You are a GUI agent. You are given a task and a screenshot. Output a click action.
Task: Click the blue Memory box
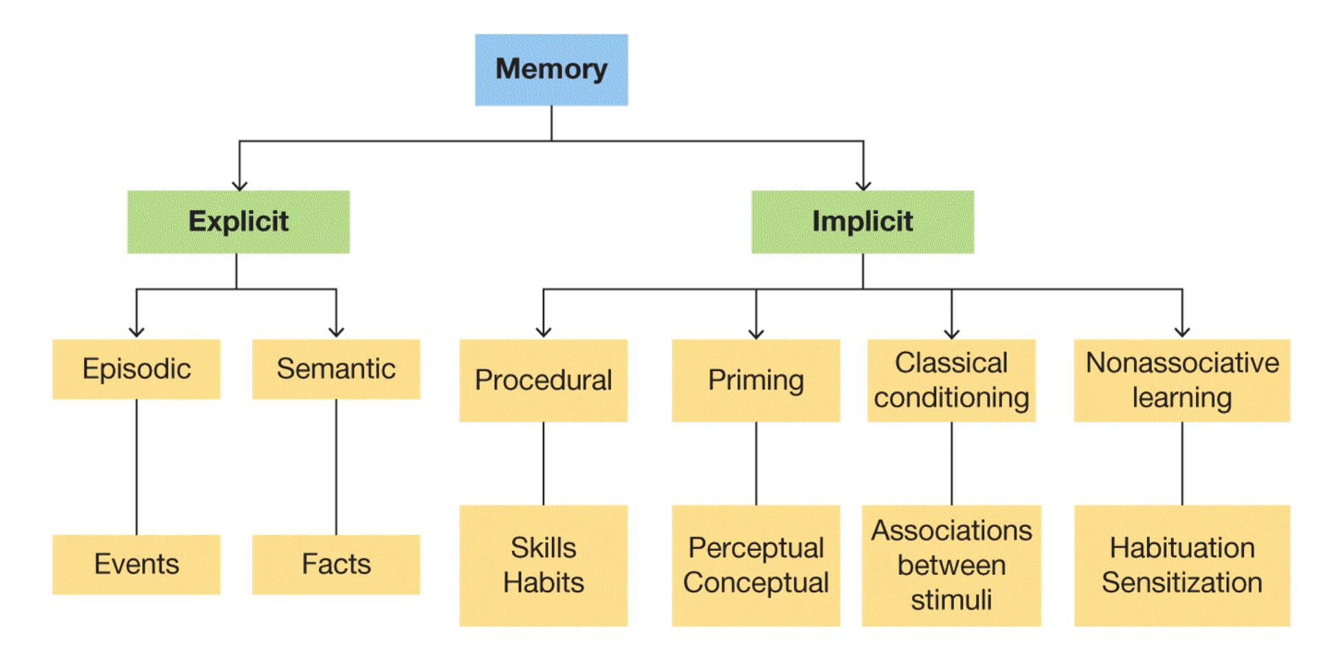[551, 69]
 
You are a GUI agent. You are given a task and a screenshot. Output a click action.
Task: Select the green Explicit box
[238, 222]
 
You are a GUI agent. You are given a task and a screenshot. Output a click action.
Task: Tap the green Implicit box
[862, 222]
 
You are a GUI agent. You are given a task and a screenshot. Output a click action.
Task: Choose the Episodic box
[136, 369]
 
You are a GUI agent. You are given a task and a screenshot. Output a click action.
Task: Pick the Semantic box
[335, 369]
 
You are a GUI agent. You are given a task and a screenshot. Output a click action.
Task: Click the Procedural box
[543, 380]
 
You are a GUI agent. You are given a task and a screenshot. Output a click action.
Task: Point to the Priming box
[755, 380]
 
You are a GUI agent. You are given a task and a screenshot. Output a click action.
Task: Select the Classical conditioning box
[951, 380]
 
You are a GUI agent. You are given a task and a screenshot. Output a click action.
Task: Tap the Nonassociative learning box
[1181, 380]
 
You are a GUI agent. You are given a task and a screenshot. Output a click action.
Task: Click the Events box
[136, 564]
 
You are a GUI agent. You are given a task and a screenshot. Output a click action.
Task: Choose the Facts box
[335, 564]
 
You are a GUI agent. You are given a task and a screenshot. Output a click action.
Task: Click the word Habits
[543, 583]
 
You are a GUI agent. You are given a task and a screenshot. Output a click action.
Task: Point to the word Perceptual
[755, 548]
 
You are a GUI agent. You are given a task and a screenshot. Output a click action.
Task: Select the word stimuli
[951, 600]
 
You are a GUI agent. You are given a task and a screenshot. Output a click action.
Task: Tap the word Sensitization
[1181, 583]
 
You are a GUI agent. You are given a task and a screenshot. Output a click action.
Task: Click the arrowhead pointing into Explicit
[239, 185]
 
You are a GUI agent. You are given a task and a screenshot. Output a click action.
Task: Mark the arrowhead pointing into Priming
[756, 334]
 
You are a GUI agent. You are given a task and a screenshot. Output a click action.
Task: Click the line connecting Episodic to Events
[136, 467]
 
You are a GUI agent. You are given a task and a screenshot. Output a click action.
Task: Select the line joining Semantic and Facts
[336, 467]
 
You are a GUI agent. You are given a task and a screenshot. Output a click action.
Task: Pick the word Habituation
[1181, 548]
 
